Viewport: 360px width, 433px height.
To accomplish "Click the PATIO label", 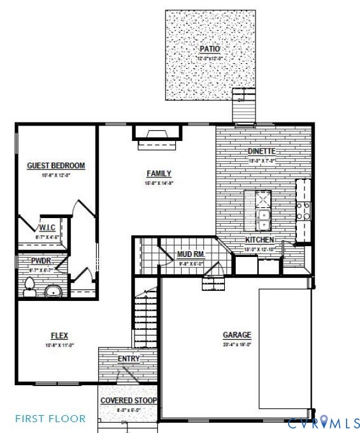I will click(208, 48).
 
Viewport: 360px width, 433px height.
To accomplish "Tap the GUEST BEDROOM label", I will click(55, 166).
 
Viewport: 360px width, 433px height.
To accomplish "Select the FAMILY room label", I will click(159, 173).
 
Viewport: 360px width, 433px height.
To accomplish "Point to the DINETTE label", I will click(261, 151).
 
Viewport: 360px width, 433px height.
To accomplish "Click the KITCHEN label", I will click(260, 240).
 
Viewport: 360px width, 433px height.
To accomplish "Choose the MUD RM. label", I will click(191, 254).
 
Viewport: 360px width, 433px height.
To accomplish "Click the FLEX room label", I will click(59, 335).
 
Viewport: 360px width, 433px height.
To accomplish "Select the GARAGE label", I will click(237, 335).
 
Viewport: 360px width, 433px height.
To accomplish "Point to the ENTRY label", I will click(129, 359).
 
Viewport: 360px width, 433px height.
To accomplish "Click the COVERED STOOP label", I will click(129, 400).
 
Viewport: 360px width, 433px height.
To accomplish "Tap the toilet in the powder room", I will click(29, 286).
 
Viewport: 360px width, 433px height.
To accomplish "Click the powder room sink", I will click(52, 291).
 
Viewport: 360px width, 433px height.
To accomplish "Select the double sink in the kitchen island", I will click(263, 220).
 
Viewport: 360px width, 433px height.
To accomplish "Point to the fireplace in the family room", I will click(157, 134).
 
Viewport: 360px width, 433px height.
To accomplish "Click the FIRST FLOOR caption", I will click(50, 418).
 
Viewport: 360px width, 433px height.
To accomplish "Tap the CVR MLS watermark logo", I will click(324, 422).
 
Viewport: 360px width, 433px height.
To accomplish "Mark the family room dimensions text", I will click(159, 182).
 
